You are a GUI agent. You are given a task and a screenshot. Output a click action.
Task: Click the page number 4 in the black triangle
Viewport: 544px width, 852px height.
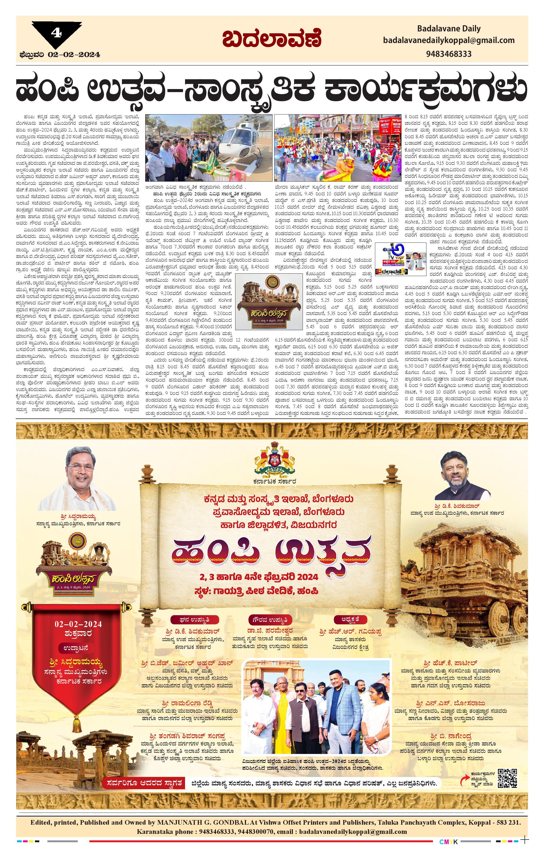(56, 33)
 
